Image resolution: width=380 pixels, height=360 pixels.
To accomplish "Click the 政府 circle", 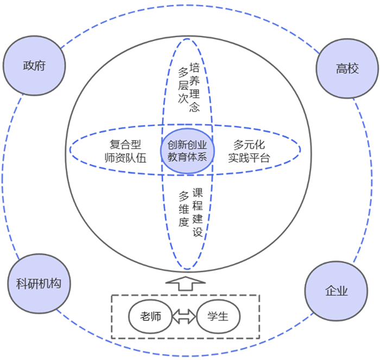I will tap(34, 66).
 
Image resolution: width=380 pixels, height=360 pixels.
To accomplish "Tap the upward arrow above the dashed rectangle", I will tap(184, 283).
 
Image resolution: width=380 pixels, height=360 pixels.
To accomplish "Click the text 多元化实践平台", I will tap(249, 151).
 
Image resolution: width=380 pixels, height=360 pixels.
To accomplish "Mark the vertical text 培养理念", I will tap(194, 87).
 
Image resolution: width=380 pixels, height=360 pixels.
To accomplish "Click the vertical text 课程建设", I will tap(197, 213).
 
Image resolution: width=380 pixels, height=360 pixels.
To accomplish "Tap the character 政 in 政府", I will tap(28, 66).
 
